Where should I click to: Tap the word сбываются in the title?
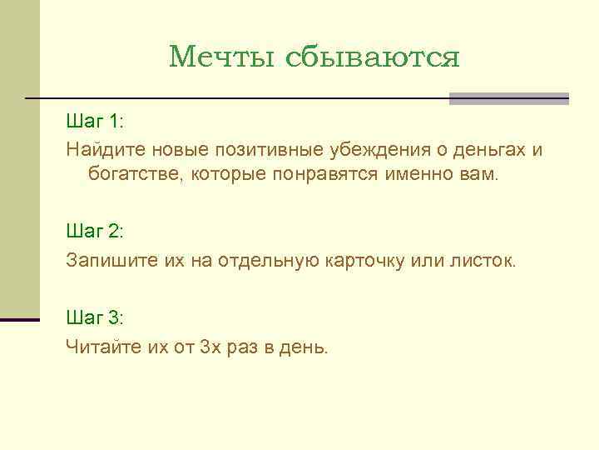pyautogui.click(x=373, y=57)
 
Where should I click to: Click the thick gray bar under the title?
pyautogui.click(x=508, y=98)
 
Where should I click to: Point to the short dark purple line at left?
pyautogui.click(x=20, y=320)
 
